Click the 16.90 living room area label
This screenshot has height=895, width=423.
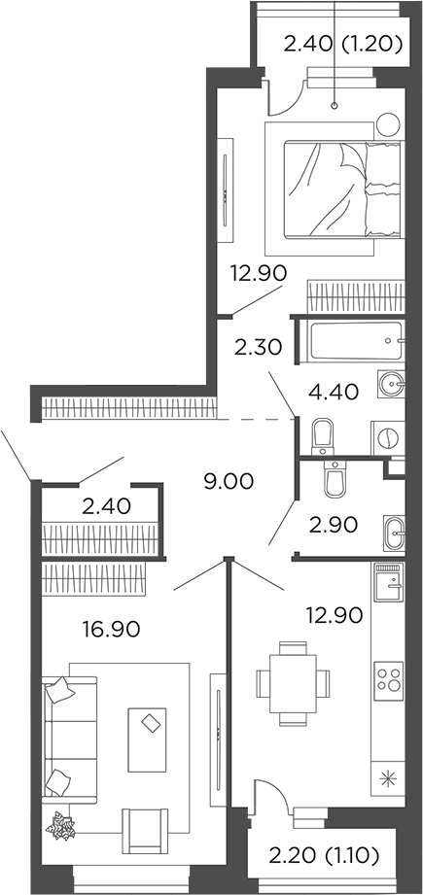point(114,629)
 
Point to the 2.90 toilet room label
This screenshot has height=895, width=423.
point(334,524)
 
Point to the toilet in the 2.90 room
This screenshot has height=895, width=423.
point(335,478)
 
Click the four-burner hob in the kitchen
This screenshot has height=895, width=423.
point(390,676)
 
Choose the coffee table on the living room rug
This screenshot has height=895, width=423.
point(151,724)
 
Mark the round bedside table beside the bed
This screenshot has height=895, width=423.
point(389,123)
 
